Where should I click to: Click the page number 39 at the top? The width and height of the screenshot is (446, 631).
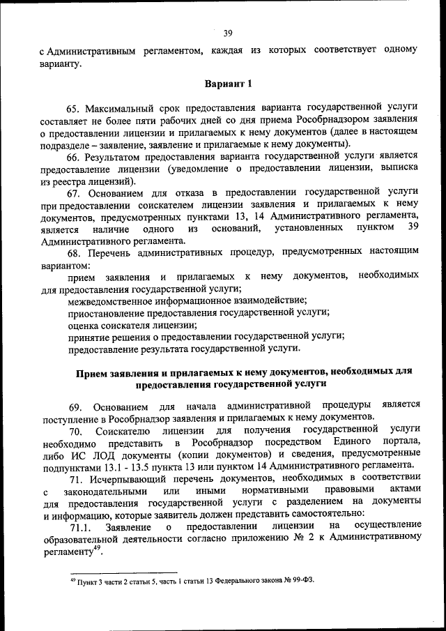click(x=228, y=33)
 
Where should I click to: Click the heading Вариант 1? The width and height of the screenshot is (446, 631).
click(x=227, y=84)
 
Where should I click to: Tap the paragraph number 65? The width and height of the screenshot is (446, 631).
click(x=74, y=107)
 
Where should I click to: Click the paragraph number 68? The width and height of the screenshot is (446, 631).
click(x=74, y=250)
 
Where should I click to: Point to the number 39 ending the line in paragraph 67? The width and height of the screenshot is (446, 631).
click(x=411, y=227)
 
